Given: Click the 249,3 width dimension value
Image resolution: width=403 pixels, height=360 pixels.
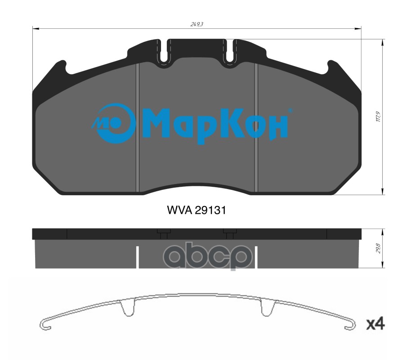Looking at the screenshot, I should pyautogui.click(x=197, y=24).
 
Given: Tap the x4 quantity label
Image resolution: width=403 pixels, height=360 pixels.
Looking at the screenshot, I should pyautogui.click(x=374, y=324).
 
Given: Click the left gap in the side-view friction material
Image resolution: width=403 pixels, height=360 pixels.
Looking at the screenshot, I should pyautogui.click(x=137, y=257).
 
